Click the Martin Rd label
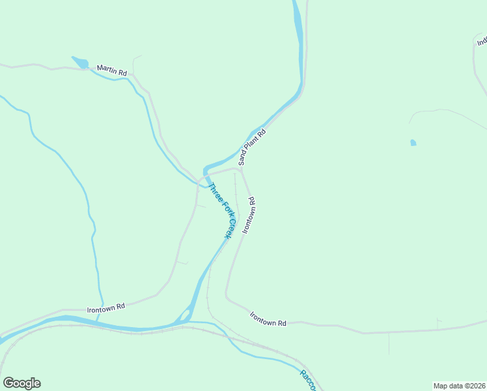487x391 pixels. [x=111, y=70]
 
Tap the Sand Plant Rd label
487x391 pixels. [x=253, y=147]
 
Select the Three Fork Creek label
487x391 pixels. [x=220, y=210]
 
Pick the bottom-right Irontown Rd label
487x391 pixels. [x=268, y=319]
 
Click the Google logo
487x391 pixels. [x=21, y=383]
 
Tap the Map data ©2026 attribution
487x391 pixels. [x=459, y=385]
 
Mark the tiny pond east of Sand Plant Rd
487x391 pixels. [x=413, y=143]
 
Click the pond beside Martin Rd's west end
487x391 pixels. [x=81, y=63]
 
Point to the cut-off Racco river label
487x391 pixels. [x=307, y=381]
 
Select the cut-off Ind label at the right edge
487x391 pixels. [x=482, y=40]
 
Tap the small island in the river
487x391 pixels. [x=184, y=317]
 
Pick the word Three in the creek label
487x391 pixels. [x=212, y=193]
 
